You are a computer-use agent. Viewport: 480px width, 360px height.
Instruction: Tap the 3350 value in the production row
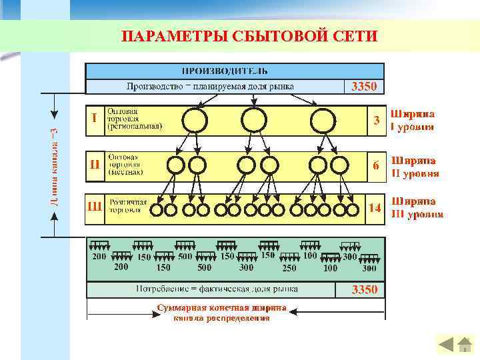(364, 86)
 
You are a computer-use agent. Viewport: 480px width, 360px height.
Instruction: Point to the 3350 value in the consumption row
(365, 289)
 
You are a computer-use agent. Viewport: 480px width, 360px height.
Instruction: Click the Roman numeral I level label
(95, 118)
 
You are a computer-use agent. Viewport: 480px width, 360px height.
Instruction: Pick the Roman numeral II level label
(95, 163)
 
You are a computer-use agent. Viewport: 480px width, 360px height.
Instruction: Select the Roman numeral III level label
(95, 206)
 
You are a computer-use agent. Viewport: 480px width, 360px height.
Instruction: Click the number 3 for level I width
(376, 121)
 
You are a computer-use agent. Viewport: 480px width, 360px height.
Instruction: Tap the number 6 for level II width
(376, 165)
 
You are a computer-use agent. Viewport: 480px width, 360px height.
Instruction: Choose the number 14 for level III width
(375, 207)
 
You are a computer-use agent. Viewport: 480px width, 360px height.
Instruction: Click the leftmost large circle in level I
(195, 121)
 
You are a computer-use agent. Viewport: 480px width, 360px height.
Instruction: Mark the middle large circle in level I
(253, 121)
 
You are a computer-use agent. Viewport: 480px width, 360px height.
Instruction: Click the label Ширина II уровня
(414, 167)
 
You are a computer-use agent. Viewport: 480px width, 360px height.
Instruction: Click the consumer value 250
(289, 268)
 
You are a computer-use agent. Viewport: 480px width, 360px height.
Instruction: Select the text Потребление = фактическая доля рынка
(217, 289)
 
